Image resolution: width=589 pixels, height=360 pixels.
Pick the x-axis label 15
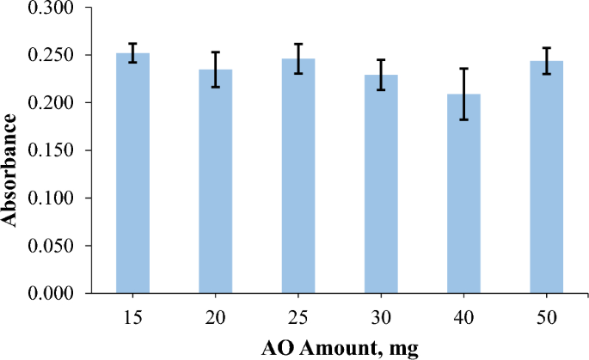point(132,317)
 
